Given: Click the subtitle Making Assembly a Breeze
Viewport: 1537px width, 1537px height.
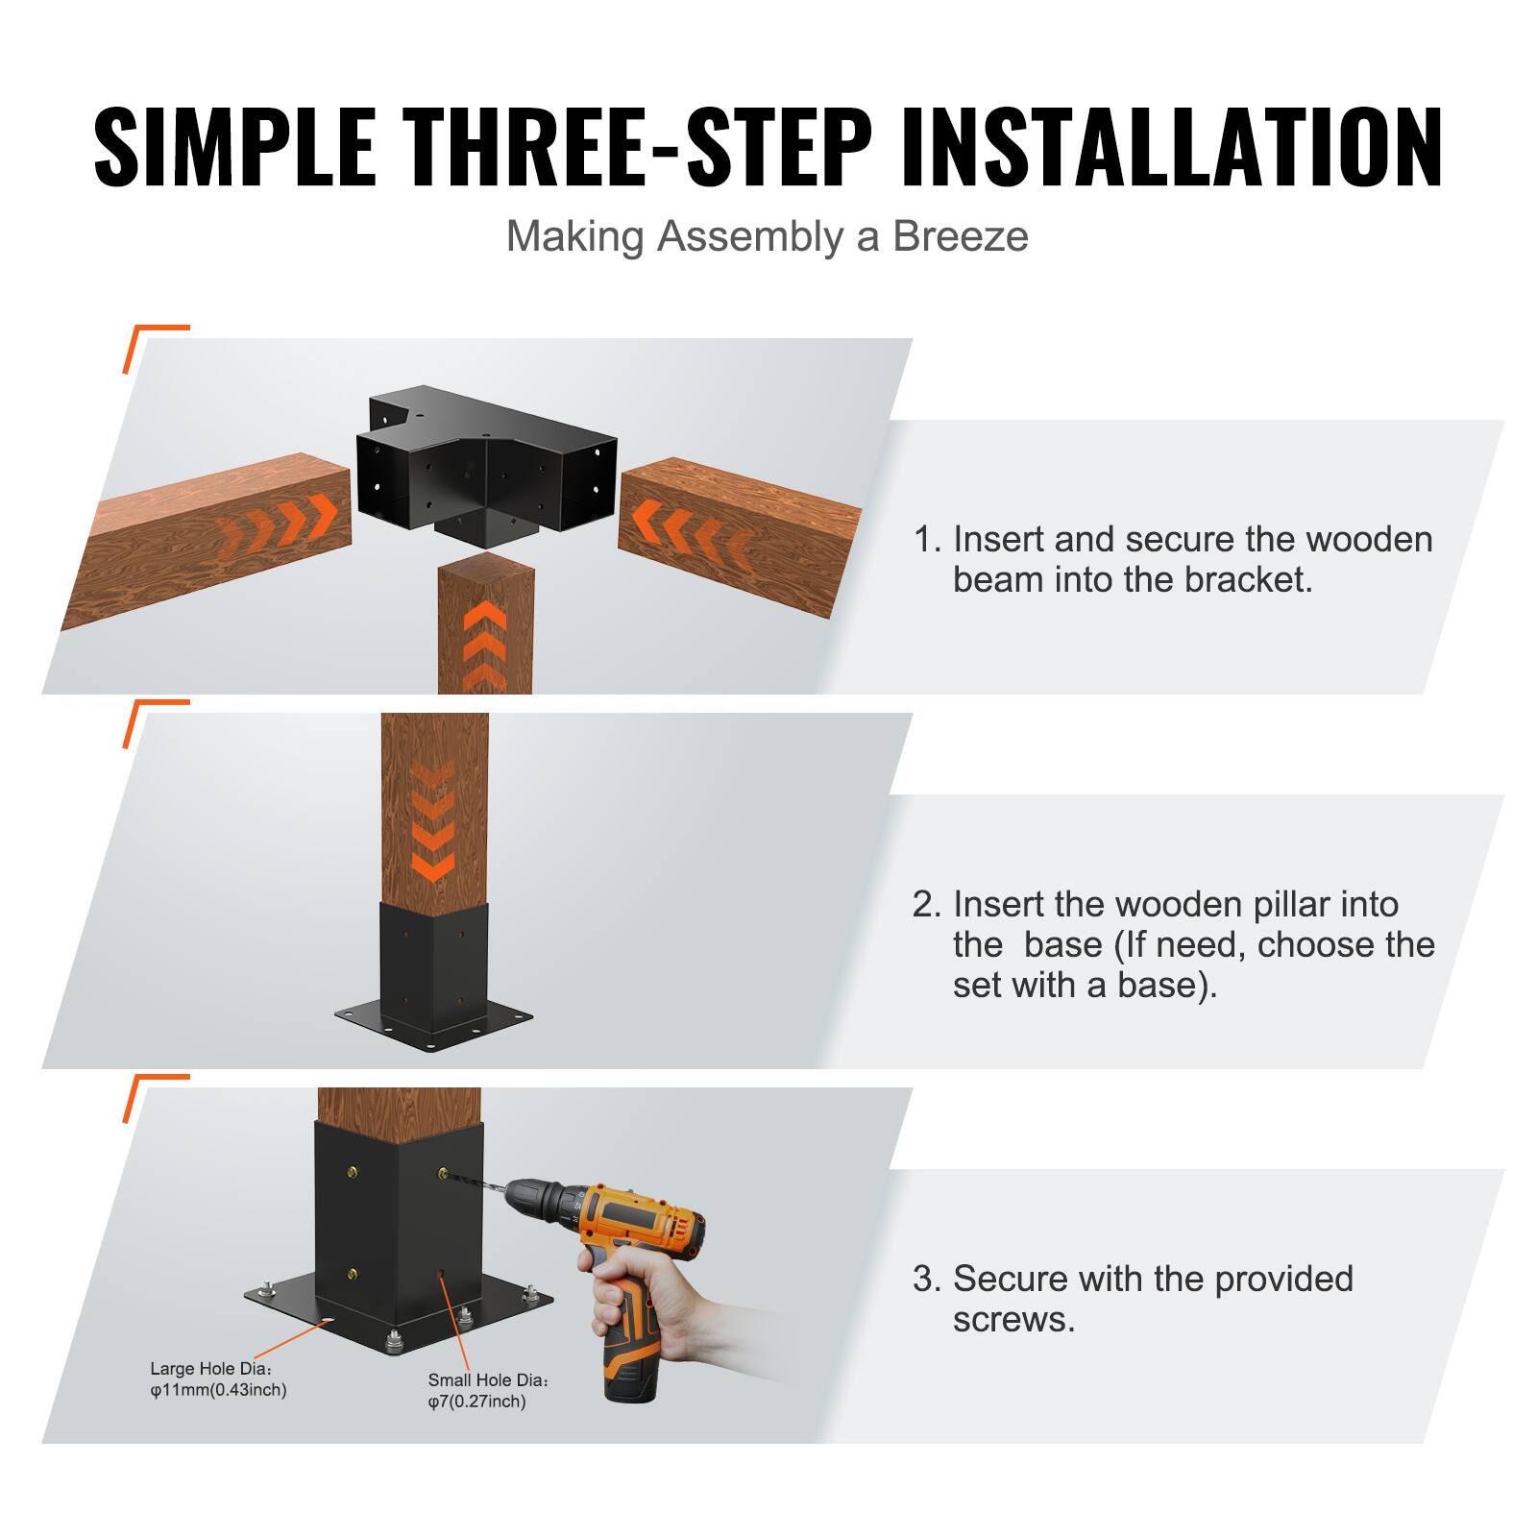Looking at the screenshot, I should (767, 236).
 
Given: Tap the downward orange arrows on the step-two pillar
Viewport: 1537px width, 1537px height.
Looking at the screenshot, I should (433, 821).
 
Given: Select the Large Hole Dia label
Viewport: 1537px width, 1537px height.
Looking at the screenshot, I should (217, 1379).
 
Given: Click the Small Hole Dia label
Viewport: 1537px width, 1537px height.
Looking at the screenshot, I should (488, 1390).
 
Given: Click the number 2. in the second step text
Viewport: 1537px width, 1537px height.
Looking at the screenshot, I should (926, 905).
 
